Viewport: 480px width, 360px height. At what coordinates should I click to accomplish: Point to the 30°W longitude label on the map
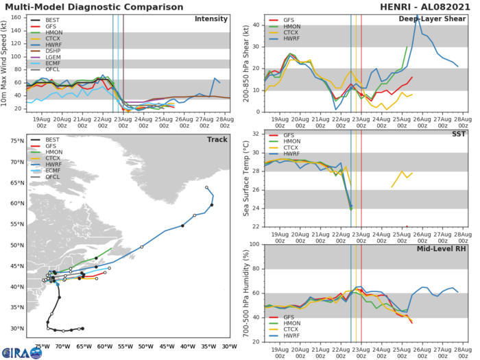click(x=228, y=346)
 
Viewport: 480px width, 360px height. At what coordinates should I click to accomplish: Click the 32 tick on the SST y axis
click(x=255, y=133)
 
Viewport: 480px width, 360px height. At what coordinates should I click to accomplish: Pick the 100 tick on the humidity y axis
click(x=254, y=244)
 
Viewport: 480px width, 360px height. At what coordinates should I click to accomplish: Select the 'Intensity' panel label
click(x=211, y=19)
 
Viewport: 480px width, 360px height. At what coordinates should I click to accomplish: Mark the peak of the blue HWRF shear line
click(x=418, y=17)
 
